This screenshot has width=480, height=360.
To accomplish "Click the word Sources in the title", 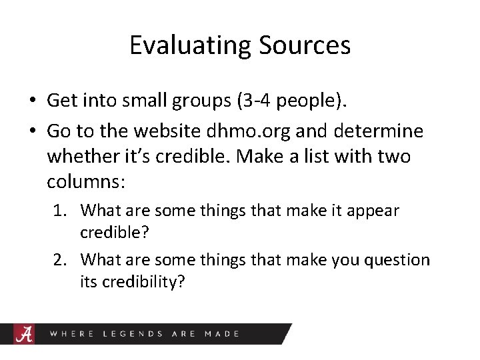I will [305, 45].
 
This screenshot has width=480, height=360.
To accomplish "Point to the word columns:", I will [81, 181].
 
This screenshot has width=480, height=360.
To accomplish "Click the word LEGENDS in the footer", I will [132, 333].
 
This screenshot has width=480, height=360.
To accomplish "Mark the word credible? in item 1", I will [113, 233].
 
